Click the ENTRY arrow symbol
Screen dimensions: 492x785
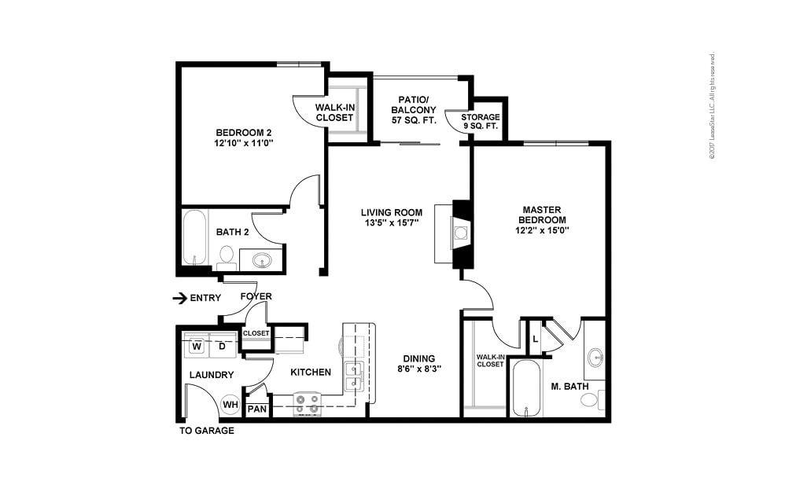coord(180,298)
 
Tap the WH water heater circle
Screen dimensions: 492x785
coord(230,405)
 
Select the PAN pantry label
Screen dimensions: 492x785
coord(256,409)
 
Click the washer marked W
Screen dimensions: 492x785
coord(197,346)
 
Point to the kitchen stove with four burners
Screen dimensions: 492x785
coord(308,404)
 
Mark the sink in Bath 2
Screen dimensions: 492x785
coord(262,259)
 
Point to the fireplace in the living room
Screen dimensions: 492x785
coord(461,233)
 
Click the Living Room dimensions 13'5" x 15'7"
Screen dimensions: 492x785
coord(391,223)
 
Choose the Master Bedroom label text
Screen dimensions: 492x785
coord(541,215)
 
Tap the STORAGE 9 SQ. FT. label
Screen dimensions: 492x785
coord(480,122)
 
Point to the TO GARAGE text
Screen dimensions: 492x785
coord(207,431)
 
